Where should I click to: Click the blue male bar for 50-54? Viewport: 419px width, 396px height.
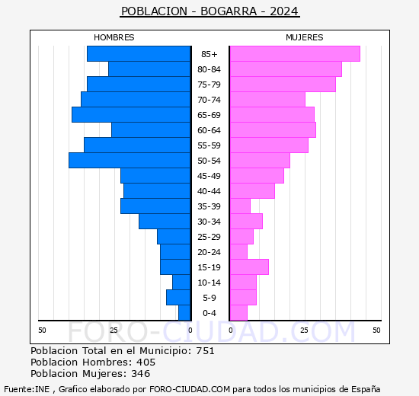pyautogui.click(x=130, y=161)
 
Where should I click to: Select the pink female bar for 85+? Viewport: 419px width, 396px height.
pyautogui.click(x=294, y=54)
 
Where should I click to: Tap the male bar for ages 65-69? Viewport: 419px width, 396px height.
pyautogui.click(x=131, y=115)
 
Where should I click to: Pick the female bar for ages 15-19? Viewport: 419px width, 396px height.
pyautogui.click(x=249, y=267)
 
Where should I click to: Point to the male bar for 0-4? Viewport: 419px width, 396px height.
pyautogui.click(x=184, y=313)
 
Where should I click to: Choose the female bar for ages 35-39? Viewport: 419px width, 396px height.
pyautogui.click(x=240, y=206)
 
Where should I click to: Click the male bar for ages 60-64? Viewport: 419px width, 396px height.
pyautogui.click(x=151, y=130)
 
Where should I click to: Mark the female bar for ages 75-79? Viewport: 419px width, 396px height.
pyautogui.click(x=282, y=85)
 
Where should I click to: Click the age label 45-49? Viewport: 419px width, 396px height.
pyautogui.click(x=209, y=176)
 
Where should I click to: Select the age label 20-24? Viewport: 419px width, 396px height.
pyautogui.click(x=209, y=252)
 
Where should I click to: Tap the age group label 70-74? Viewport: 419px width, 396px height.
pyautogui.click(x=209, y=100)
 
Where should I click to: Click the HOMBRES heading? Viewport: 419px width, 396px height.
pyautogui.click(x=114, y=37)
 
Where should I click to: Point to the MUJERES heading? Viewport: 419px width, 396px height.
pyautogui.click(x=304, y=37)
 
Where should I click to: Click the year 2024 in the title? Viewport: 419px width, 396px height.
pyautogui.click(x=283, y=11)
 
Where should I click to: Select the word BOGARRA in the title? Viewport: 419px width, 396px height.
pyautogui.click(x=225, y=11)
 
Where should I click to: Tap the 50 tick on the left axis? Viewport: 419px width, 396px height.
pyautogui.click(x=42, y=330)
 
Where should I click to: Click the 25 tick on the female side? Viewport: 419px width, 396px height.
pyautogui.click(x=304, y=330)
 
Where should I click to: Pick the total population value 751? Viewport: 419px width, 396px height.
pyautogui.click(x=204, y=351)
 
